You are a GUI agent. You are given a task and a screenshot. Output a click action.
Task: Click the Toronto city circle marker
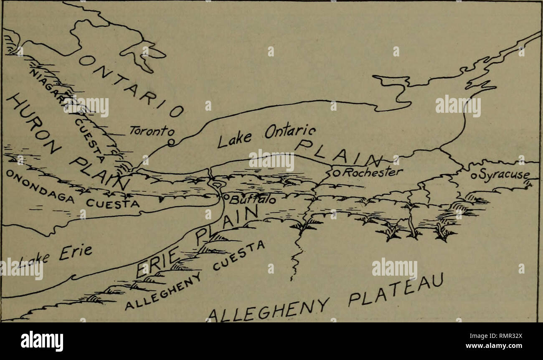170,142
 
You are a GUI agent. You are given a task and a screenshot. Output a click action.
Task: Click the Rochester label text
370,172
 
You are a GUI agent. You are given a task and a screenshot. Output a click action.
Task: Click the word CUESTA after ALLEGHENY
241,256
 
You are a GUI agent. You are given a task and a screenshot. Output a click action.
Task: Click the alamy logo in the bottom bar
42,341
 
